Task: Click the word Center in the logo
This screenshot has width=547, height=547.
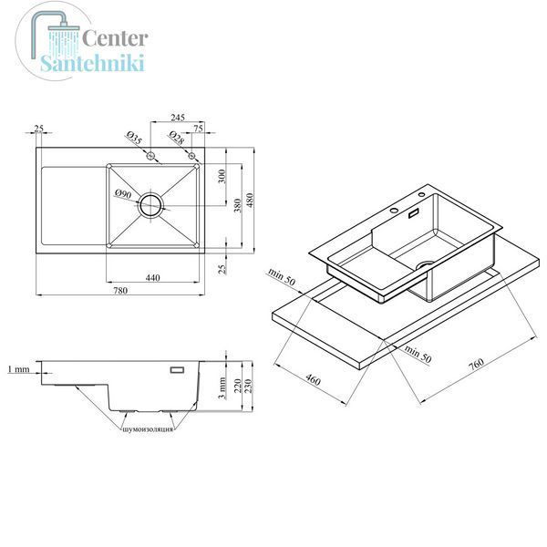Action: click(x=115, y=38)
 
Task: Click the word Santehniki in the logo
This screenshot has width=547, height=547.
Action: click(x=92, y=63)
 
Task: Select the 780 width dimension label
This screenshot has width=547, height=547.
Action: click(x=120, y=290)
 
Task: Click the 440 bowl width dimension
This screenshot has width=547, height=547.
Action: click(x=152, y=278)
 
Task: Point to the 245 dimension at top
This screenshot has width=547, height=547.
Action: click(x=178, y=118)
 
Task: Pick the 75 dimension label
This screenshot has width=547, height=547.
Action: click(x=198, y=129)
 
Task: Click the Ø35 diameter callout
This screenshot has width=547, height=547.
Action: click(x=134, y=138)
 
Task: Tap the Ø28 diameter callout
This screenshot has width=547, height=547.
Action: click(x=177, y=138)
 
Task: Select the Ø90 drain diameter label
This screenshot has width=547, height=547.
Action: click(x=123, y=193)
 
